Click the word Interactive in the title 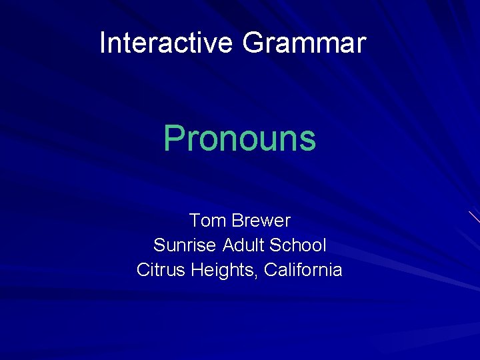166,43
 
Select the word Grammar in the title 304,43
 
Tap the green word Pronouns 240,139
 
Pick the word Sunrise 185,245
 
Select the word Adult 243,245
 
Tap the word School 298,245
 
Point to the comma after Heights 260,275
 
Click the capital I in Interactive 103,43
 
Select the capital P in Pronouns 173,139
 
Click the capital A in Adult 227,245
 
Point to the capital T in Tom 194,220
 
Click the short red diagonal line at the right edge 474,217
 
